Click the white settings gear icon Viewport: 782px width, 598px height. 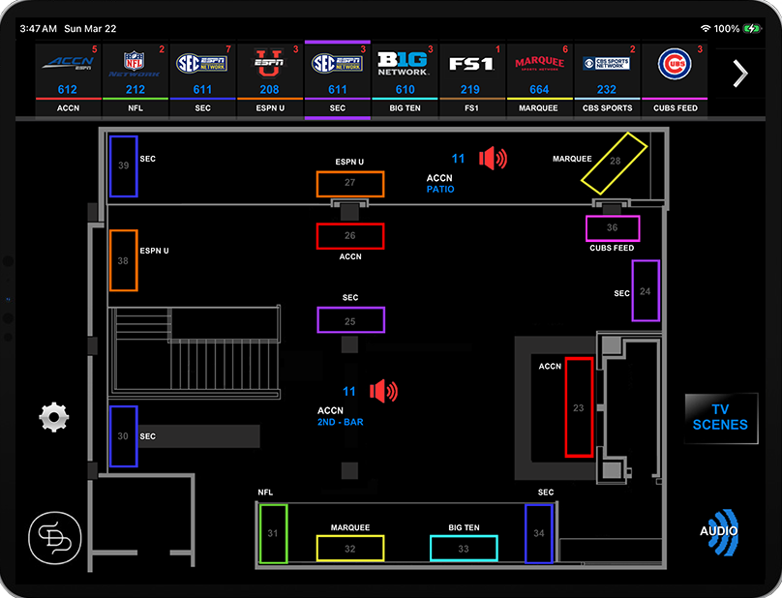coord(54,417)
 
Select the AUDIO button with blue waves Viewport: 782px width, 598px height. coord(720,531)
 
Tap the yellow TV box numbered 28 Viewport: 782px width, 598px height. coord(614,161)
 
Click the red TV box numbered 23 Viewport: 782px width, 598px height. coord(579,407)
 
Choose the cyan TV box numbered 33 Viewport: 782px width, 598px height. coord(464,549)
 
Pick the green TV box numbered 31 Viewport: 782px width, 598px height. coord(273,533)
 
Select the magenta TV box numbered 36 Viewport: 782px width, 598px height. coord(612,228)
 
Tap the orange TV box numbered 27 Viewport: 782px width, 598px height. coord(349,184)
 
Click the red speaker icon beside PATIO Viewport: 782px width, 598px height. coord(494,158)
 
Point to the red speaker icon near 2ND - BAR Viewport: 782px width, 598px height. coord(384,391)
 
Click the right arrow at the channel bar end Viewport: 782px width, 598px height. coord(740,74)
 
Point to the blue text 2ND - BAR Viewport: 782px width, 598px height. coord(340,423)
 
